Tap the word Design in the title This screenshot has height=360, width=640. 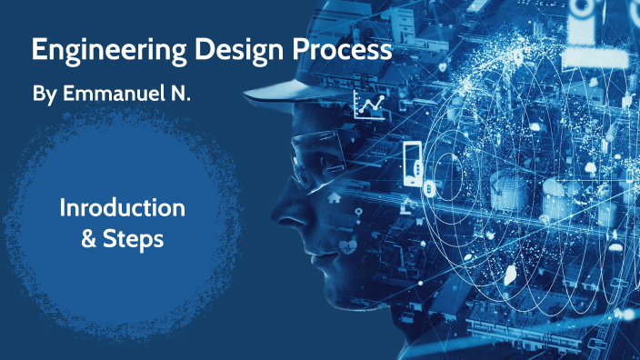pos(210,49)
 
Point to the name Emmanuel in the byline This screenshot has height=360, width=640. pos(113,94)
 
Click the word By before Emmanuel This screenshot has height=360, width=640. pos(43,94)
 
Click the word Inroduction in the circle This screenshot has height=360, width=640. pos(122,207)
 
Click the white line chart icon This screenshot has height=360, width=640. pos(369,106)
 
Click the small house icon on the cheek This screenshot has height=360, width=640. pos(334,195)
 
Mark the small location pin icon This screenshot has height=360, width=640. pos(358,212)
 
